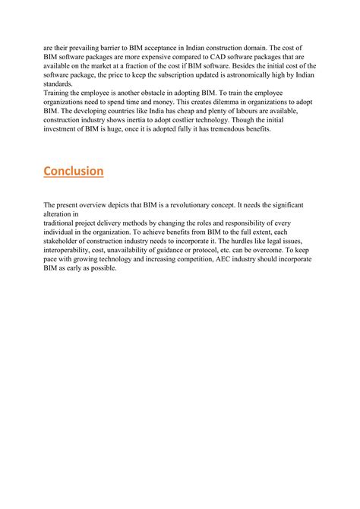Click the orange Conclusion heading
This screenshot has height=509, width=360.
coord(74,171)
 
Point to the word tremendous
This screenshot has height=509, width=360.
coord(224,130)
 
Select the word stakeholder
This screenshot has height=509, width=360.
coord(62,242)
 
